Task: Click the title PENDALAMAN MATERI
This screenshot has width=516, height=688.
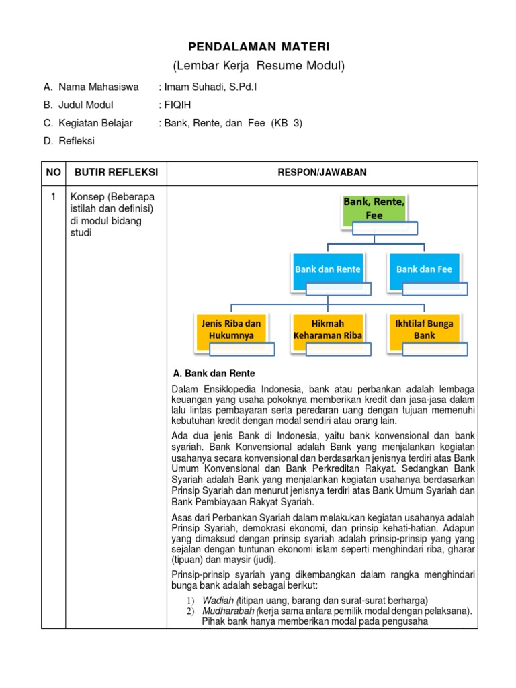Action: (x=259, y=46)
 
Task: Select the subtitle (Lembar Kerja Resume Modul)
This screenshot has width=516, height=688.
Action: (x=259, y=65)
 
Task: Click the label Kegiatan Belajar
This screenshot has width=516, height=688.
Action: (x=95, y=123)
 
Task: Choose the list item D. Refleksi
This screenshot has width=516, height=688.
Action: (x=69, y=141)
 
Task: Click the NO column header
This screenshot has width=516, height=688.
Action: (x=53, y=173)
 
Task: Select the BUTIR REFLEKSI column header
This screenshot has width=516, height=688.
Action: (x=116, y=173)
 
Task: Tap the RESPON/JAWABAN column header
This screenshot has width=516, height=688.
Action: (x=322, y=173)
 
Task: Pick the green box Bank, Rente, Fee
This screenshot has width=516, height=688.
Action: (x=374, y=208)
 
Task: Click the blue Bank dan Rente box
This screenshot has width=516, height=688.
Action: (x=327, y=269)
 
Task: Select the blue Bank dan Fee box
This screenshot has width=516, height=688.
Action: (x=424, y=269)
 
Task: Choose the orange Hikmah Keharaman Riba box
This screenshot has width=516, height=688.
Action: (x=328, y=329)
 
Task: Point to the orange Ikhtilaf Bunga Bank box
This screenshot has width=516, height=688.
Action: (x=424, y=329)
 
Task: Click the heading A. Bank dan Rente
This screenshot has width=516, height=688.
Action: (x=214, y=373)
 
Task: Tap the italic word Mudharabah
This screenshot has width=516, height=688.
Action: (x=228, y=611)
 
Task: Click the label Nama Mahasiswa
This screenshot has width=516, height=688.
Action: (x=98, y=87)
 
